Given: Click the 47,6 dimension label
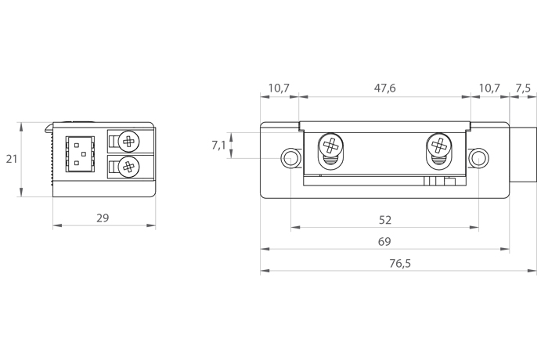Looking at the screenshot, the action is pos(385,88).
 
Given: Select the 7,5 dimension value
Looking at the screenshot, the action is pos(523,88).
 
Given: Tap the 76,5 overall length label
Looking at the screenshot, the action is pos(400,263).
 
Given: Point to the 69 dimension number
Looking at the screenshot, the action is pos(384,242).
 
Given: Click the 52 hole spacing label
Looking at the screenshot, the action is pos(385,220).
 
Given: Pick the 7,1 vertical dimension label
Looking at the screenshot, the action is pos(218,145).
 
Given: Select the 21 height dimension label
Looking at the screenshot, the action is pos(12,159).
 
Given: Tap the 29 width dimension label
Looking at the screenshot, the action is pos(103,218).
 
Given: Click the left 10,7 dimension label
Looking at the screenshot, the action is pos(279,88).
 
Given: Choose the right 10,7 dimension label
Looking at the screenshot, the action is pos(489,88).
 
